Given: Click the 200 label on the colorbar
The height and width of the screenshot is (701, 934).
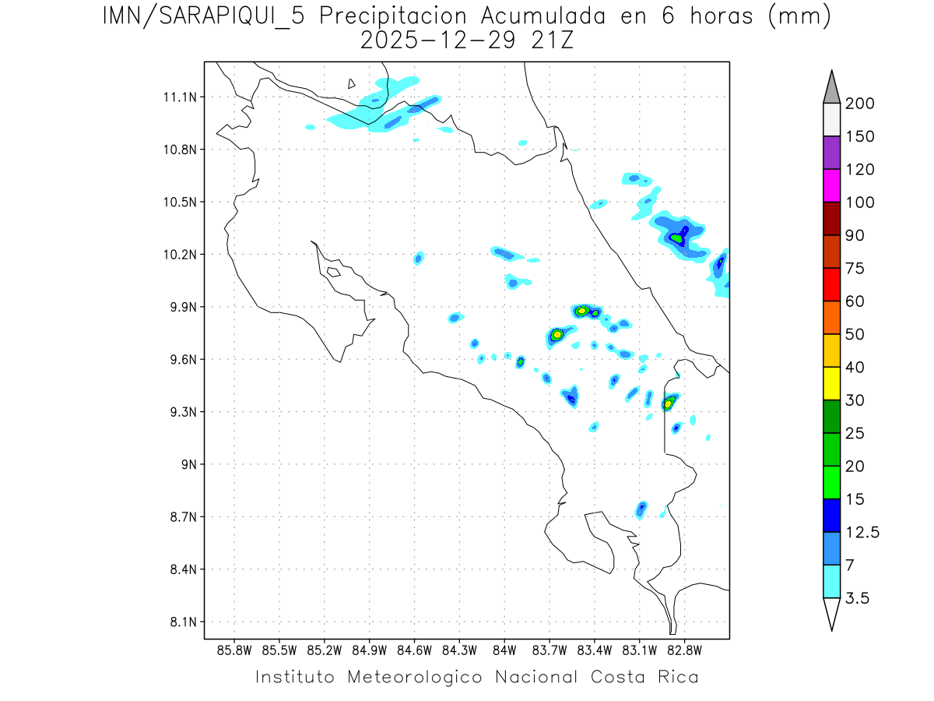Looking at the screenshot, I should click(x=859, y=104).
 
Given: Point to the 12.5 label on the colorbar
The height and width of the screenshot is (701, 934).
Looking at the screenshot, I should click(x=862, y=532).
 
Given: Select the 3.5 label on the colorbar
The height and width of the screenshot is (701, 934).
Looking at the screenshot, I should click(x=857, y=598).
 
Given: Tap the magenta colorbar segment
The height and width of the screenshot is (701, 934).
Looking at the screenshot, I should click(x=831, y=185).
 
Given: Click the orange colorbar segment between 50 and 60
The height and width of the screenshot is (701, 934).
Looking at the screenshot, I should click(x=831, y=317).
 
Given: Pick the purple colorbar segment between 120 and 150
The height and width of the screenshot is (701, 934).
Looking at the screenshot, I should click(x=831, y=153).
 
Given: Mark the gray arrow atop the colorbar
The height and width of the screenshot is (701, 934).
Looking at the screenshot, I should click(x=831, y=87).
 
